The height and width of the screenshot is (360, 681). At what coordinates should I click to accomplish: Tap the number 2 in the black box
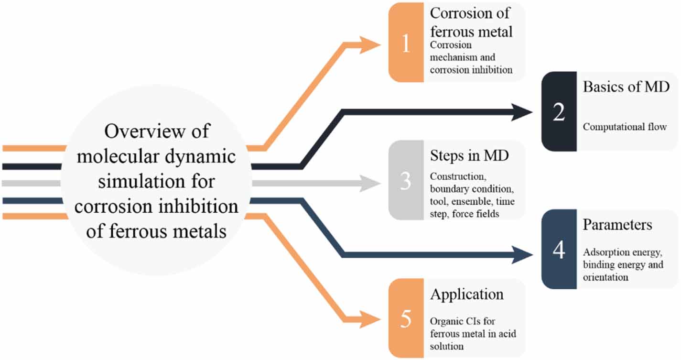[x=559, y=112]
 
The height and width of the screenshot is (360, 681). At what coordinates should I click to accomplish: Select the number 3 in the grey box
[x=406, y=182]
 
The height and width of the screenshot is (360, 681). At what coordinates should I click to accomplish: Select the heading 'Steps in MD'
[x=469, y=156]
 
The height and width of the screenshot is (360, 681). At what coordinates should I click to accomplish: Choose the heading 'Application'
[x=466, y=294]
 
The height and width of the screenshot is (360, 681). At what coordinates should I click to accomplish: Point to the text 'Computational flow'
[x=624, y=127]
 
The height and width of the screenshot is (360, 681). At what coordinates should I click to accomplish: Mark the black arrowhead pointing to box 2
[x=522, y=113]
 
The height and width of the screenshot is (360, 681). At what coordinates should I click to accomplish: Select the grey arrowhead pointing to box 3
[x=372, y=183]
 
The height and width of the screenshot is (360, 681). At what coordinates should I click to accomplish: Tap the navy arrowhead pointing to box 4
[x=522, y=254]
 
